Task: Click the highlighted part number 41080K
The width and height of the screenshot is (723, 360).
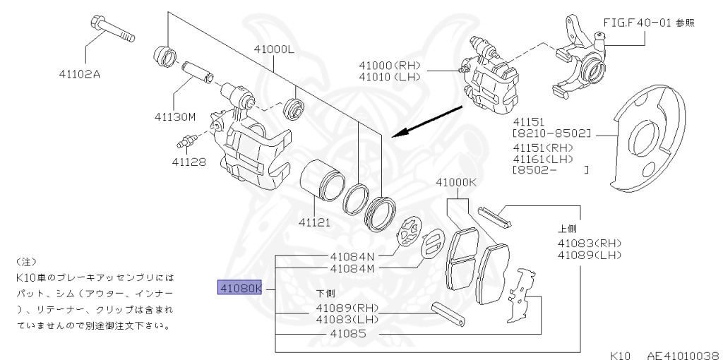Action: pyautogui.click(x=241, y=288)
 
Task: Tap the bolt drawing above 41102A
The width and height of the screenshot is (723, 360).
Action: pyautogui.click(x=112, y=29)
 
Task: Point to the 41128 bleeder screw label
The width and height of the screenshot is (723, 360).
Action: pyautogui.click(x=189, y=162)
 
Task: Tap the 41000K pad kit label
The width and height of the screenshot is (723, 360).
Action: pyautogui.click(x=456, y=182)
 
